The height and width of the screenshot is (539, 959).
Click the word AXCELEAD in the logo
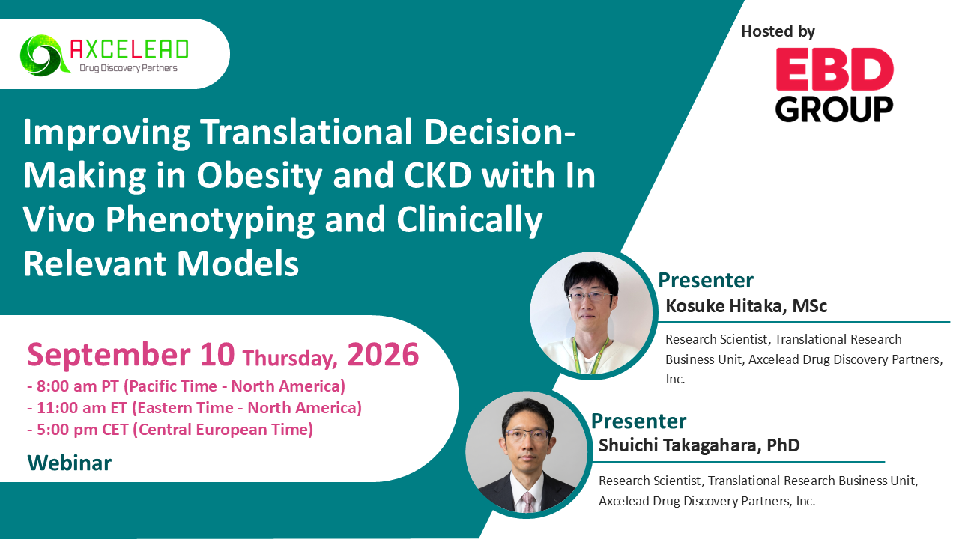coord(129,49)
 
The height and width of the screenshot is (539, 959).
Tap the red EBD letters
coord(835,69)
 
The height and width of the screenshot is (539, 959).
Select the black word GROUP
coord(834,109)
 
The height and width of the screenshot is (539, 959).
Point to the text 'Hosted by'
coord(778,31)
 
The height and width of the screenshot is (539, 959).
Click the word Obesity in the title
coord(259,176)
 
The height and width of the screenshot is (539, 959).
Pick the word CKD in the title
coord(438,175)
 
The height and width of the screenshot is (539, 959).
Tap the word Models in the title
coord(238,263)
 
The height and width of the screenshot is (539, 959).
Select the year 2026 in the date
coord(383,355)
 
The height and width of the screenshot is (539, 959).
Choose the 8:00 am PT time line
coord(187,386)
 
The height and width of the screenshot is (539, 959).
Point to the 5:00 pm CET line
coord(170,430)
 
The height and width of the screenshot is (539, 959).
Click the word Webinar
coord(70,463)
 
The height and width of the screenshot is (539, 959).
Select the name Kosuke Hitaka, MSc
coord(745,306)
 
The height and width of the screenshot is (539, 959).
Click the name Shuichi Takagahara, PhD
coord(699,445)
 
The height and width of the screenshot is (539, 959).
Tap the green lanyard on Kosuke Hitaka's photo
coord(591,355)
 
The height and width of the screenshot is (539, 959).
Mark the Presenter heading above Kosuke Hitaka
coord(706,281)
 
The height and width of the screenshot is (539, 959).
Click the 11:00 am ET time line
coord(194,408)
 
